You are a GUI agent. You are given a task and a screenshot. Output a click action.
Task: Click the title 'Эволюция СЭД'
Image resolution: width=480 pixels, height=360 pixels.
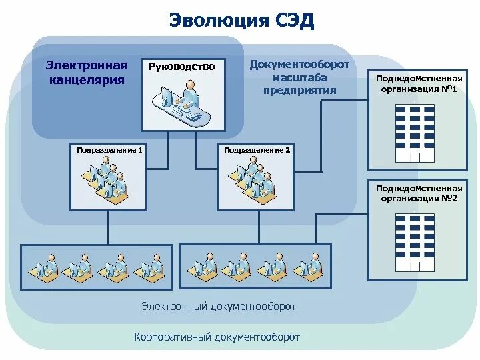click(241, 20)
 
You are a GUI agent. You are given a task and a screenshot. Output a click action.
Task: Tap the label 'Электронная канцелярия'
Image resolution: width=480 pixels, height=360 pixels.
click(86, 73)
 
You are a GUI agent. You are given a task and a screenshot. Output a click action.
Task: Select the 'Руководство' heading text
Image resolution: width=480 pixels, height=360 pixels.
click(181, 66)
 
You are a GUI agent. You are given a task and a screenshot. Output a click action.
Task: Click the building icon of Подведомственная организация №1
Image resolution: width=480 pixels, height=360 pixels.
click(414, 133)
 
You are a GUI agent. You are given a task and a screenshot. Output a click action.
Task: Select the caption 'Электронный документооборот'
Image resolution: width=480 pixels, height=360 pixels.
click(219, 306)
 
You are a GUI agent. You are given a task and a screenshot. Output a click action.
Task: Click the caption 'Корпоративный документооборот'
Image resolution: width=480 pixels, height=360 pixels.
click(217, 337)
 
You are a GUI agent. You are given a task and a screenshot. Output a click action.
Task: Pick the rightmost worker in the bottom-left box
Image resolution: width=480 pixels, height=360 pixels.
click(151, 266)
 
